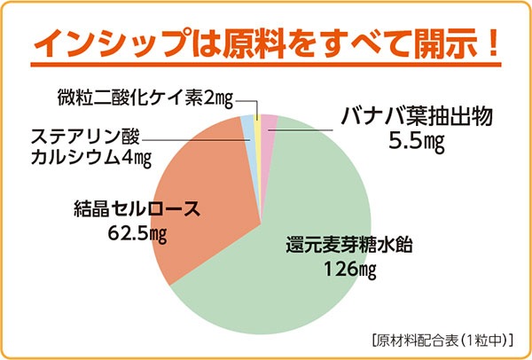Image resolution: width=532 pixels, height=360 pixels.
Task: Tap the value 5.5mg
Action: click(415, 142)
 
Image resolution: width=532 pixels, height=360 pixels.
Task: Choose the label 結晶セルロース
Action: click(135, 211)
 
